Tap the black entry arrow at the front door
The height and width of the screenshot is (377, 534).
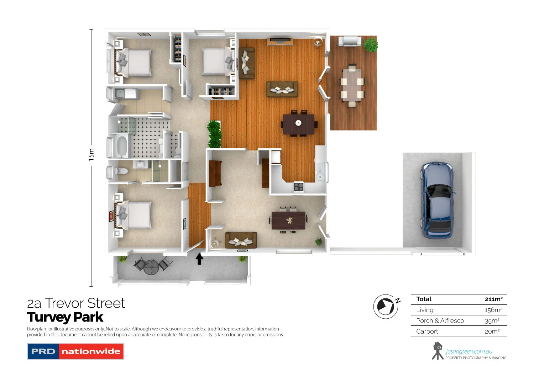click(x=199, y=259)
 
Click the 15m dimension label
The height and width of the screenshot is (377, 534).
click(x=91, y=154)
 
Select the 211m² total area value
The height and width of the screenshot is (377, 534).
click(x=493, y=299)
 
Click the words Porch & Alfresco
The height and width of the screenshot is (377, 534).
click(x=440, y=321)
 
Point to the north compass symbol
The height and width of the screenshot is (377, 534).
click(x=386, y=306)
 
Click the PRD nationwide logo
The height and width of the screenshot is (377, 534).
click(x=75, y=351)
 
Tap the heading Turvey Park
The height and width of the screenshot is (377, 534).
click(x=65, y=317)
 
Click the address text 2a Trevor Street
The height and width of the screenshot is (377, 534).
click(x=76, y=303)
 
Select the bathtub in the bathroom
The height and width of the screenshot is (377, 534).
click(x=121, y=146)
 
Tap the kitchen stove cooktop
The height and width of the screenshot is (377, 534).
click(x=298, y=186)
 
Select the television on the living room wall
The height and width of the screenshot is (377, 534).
click(x=280, y=40)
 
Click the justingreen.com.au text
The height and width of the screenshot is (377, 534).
click(x=469, y=351)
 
